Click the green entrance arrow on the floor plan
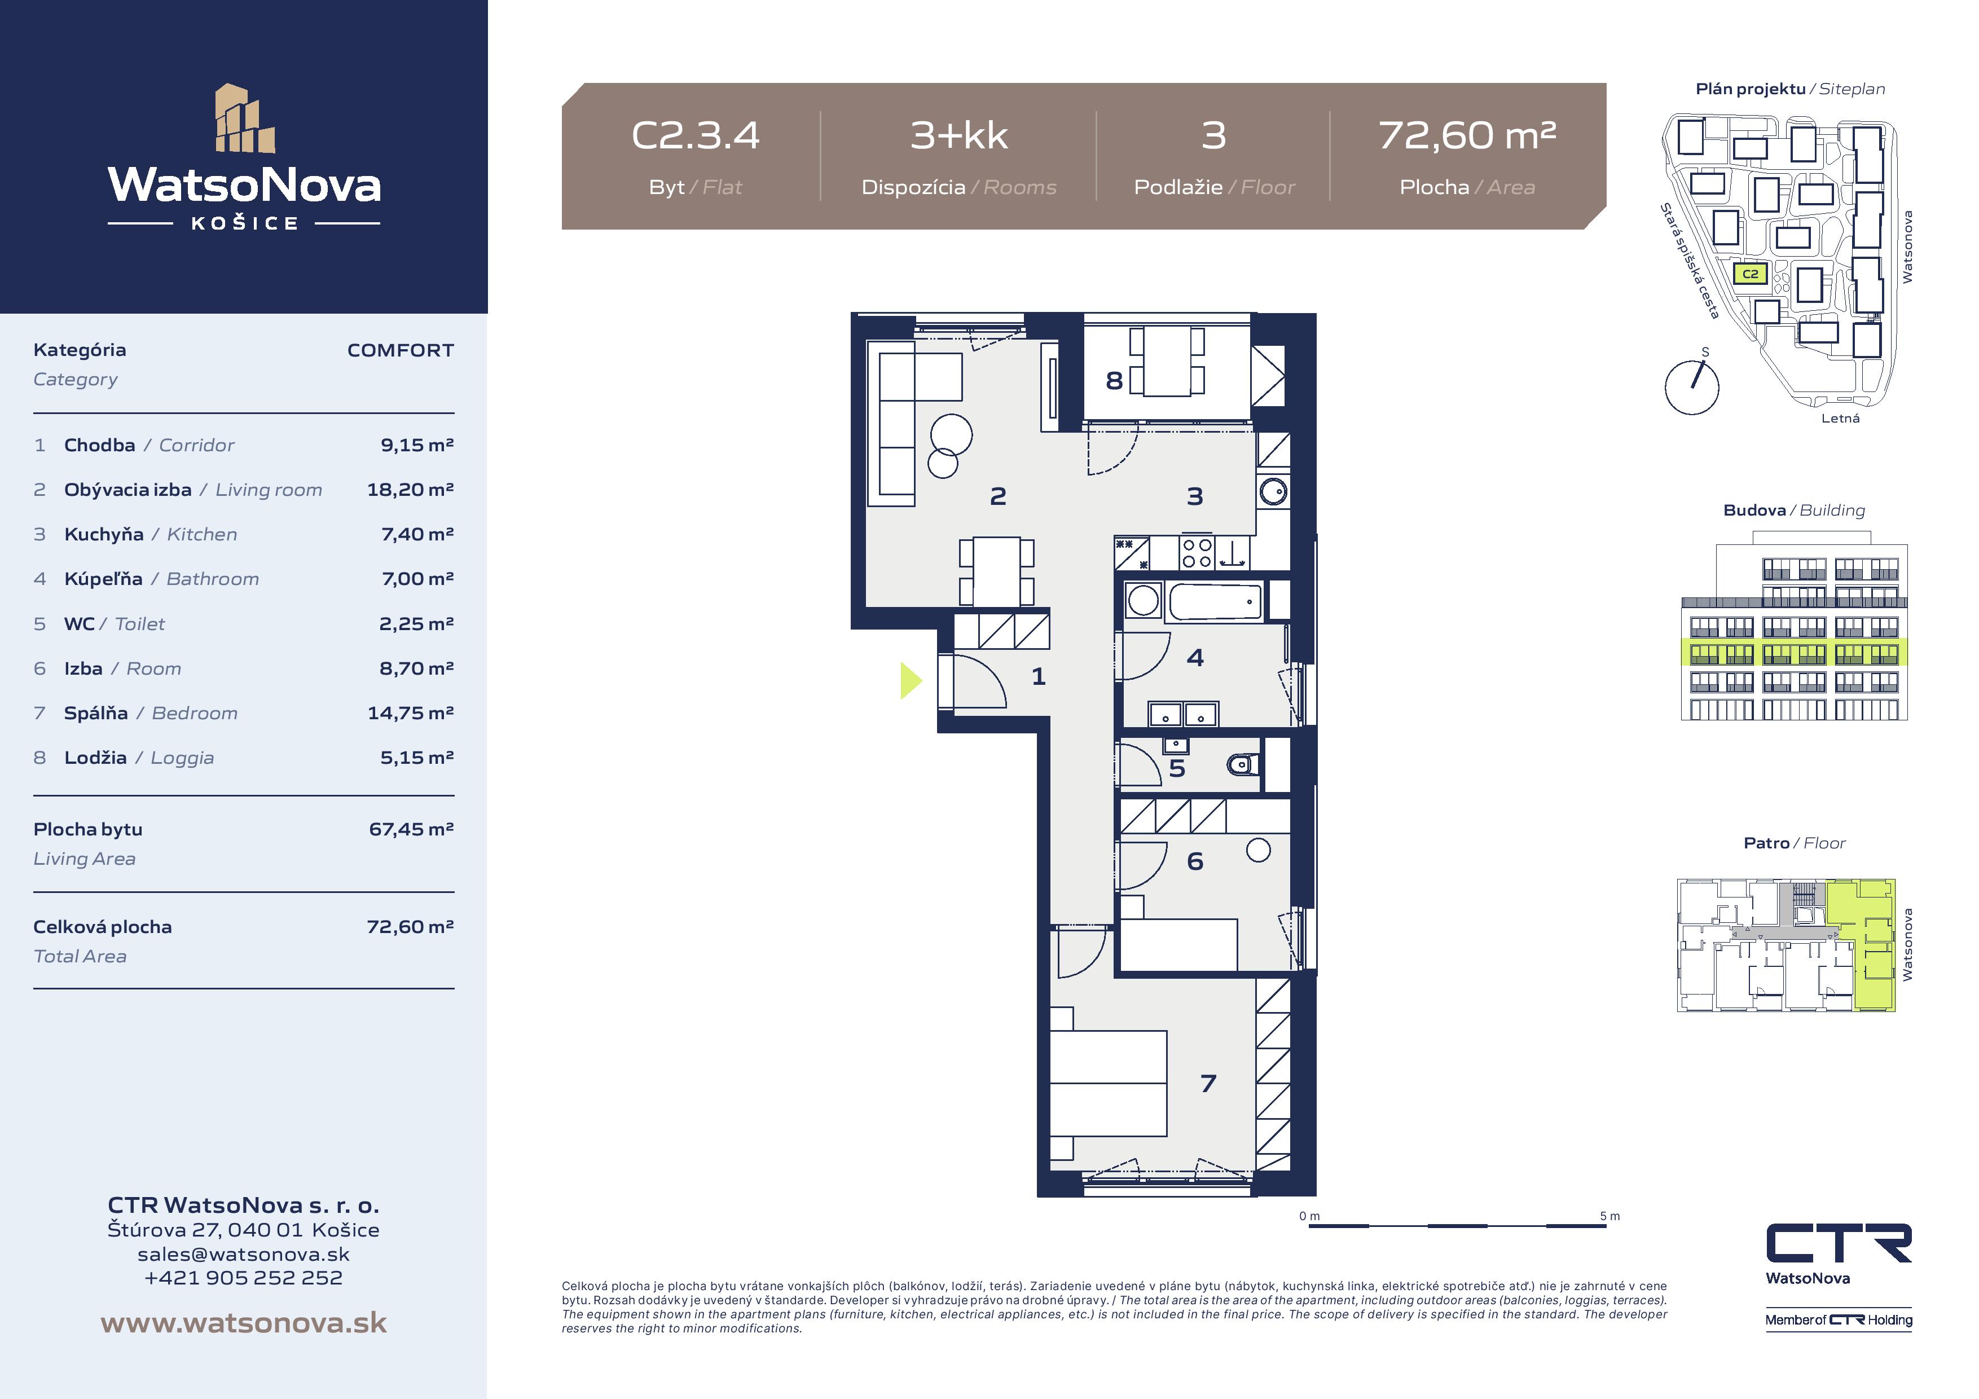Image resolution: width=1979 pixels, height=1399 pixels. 910,680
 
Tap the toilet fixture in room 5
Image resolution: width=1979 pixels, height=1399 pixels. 1243,764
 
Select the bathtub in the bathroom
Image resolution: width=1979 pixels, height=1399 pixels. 1215,602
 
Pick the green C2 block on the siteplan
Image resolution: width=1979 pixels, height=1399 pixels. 1751,274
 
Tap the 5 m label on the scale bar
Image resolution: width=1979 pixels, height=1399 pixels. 1609,1216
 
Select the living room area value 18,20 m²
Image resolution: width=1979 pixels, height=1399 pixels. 410,490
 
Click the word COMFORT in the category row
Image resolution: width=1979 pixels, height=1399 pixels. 400,350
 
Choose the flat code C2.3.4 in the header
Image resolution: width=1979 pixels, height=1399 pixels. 696,135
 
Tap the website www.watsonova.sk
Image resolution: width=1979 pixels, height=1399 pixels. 244,1323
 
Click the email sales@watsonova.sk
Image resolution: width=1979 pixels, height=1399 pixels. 244,1254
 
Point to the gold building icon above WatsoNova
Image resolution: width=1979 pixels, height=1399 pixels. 245,118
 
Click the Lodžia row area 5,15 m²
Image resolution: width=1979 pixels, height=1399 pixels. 417,758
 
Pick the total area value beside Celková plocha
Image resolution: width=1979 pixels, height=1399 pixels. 410,927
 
